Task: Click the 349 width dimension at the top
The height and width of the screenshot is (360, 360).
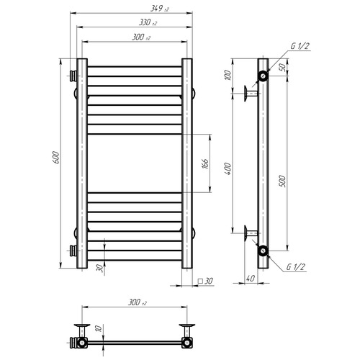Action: click(160, 9)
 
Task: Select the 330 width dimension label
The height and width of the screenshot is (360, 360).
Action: click(148, 23)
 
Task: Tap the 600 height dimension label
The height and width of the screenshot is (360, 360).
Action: click(55, 158)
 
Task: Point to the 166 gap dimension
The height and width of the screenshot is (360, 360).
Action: click(206, 163)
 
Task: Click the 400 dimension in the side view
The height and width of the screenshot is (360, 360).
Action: click(228, 168)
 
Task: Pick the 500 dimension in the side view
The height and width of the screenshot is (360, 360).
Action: click(283, 181)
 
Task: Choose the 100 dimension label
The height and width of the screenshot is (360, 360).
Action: click(228, 76)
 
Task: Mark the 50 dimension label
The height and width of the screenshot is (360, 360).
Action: click(284, 67)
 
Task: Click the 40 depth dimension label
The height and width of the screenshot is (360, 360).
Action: click(251, 279)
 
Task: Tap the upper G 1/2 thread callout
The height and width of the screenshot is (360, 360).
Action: click(300, 46)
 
